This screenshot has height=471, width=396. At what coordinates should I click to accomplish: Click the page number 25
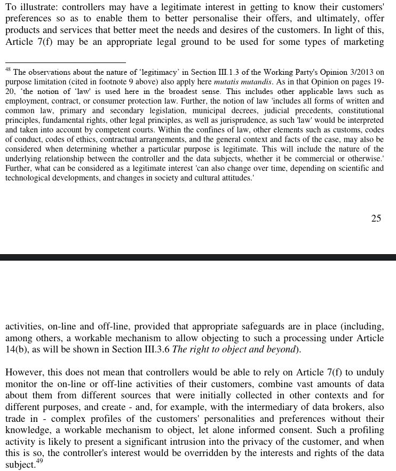[376, 218]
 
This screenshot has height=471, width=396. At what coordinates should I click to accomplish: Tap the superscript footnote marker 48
[8, 69]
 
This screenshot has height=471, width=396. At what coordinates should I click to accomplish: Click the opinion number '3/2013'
[357, 73]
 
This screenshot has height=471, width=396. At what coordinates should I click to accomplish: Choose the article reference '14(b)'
[17, 349]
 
